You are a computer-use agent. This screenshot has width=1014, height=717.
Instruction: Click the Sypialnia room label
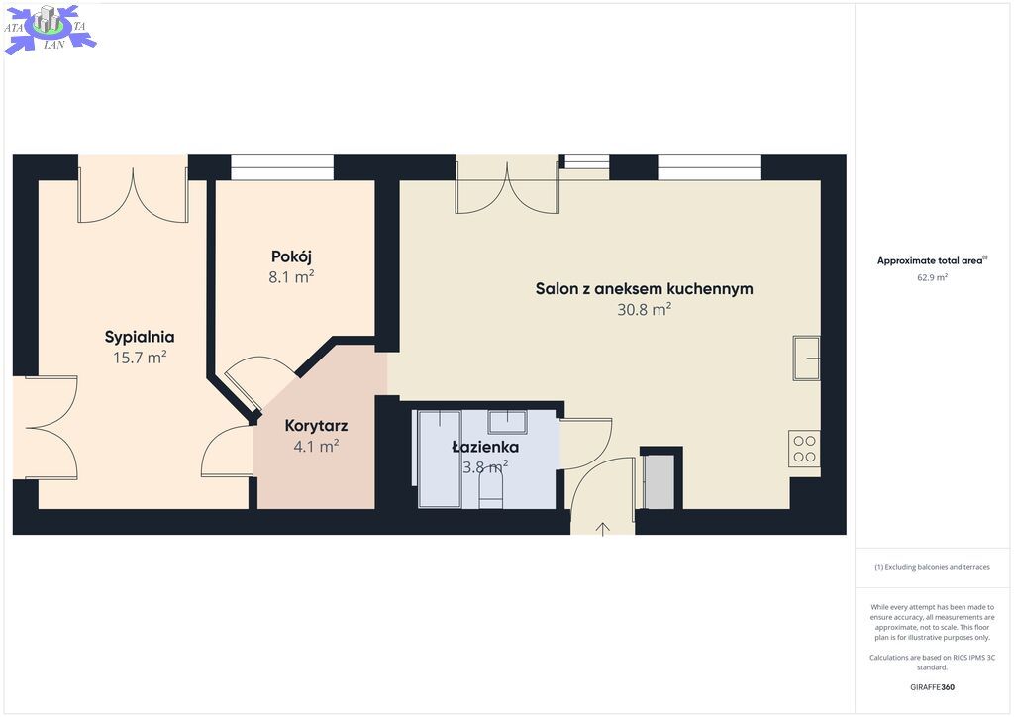click(x=140, y=337)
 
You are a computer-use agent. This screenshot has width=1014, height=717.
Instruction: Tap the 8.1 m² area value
click(x=292, y=277)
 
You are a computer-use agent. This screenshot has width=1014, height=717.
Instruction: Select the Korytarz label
click(x=316, y=426)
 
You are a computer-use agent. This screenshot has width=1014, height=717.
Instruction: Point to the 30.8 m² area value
click(x=644, y=309)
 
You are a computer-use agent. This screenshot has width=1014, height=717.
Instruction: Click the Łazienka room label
click(x=485, y=446)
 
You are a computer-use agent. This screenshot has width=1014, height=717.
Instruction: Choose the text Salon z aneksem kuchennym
click(x=644, y=289)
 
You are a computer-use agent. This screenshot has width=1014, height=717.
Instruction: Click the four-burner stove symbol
click(x=804, y=449)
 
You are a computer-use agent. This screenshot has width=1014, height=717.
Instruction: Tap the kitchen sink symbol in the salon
click(x=806, y=358)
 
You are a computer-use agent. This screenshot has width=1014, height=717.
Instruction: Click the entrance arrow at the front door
click(x=603, y=529)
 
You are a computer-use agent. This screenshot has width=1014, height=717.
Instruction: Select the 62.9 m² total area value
click(x=932, y=277)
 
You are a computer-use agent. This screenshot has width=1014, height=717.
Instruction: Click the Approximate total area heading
click(x=932, y=261)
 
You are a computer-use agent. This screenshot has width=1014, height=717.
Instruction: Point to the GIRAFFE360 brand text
click(x=932, y=687)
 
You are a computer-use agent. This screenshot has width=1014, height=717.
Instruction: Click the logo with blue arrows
click(x=50, y=29)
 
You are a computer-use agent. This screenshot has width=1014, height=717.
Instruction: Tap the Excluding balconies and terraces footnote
click(x=932, y=567)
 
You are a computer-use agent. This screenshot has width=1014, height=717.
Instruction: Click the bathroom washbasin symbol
click(x=507, y=422)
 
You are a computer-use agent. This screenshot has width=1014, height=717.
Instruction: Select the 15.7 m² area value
click(x=140, y=357)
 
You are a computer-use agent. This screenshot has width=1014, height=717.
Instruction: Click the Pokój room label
click(x=292, y=256)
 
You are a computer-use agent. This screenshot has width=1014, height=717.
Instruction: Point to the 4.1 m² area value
click(x=316, y=446)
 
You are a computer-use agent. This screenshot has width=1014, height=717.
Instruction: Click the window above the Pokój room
click(x=282, y=167)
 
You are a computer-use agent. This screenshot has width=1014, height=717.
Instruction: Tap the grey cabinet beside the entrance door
click(x=659, y=481)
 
